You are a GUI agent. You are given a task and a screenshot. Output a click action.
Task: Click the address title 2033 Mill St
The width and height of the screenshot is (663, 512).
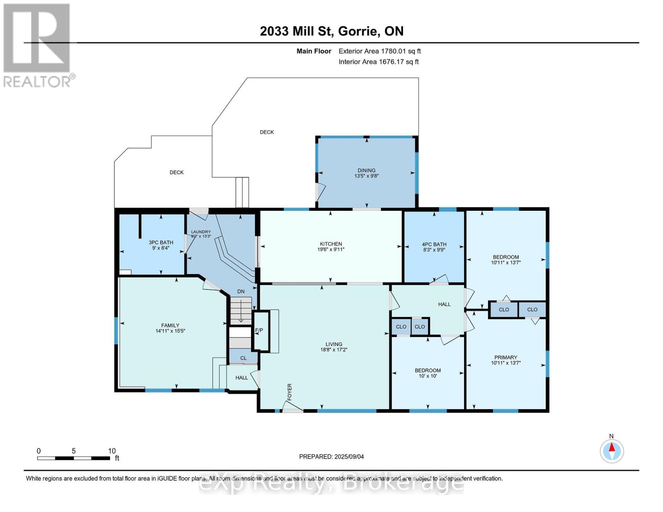331,31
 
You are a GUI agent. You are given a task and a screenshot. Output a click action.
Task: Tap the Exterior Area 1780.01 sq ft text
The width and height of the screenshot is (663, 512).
380,51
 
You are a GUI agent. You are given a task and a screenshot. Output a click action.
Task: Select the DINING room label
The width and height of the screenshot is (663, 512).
366,170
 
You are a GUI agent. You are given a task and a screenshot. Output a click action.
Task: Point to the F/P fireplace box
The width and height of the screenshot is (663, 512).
259,331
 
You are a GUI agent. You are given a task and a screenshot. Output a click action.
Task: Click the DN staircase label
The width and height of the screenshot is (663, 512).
241,291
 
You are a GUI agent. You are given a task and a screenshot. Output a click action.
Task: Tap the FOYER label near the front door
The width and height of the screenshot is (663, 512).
289,392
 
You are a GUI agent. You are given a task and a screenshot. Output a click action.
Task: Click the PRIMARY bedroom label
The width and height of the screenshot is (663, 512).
505,358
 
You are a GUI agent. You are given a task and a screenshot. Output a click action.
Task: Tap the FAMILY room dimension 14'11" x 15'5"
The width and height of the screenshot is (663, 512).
170,331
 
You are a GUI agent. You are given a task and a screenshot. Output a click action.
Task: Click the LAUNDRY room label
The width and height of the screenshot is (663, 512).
201,232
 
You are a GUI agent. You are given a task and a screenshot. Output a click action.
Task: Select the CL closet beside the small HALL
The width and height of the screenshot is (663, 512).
243,358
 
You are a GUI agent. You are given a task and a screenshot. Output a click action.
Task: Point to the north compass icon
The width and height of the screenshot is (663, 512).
612,451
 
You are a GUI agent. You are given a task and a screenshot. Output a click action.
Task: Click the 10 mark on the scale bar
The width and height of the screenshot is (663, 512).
111,451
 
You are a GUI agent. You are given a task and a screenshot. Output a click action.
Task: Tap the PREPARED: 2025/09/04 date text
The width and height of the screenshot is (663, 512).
331,457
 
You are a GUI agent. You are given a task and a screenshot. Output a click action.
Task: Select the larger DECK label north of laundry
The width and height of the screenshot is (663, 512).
267,132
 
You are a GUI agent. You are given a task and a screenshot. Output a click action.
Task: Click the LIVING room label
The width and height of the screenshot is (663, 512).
333,344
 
